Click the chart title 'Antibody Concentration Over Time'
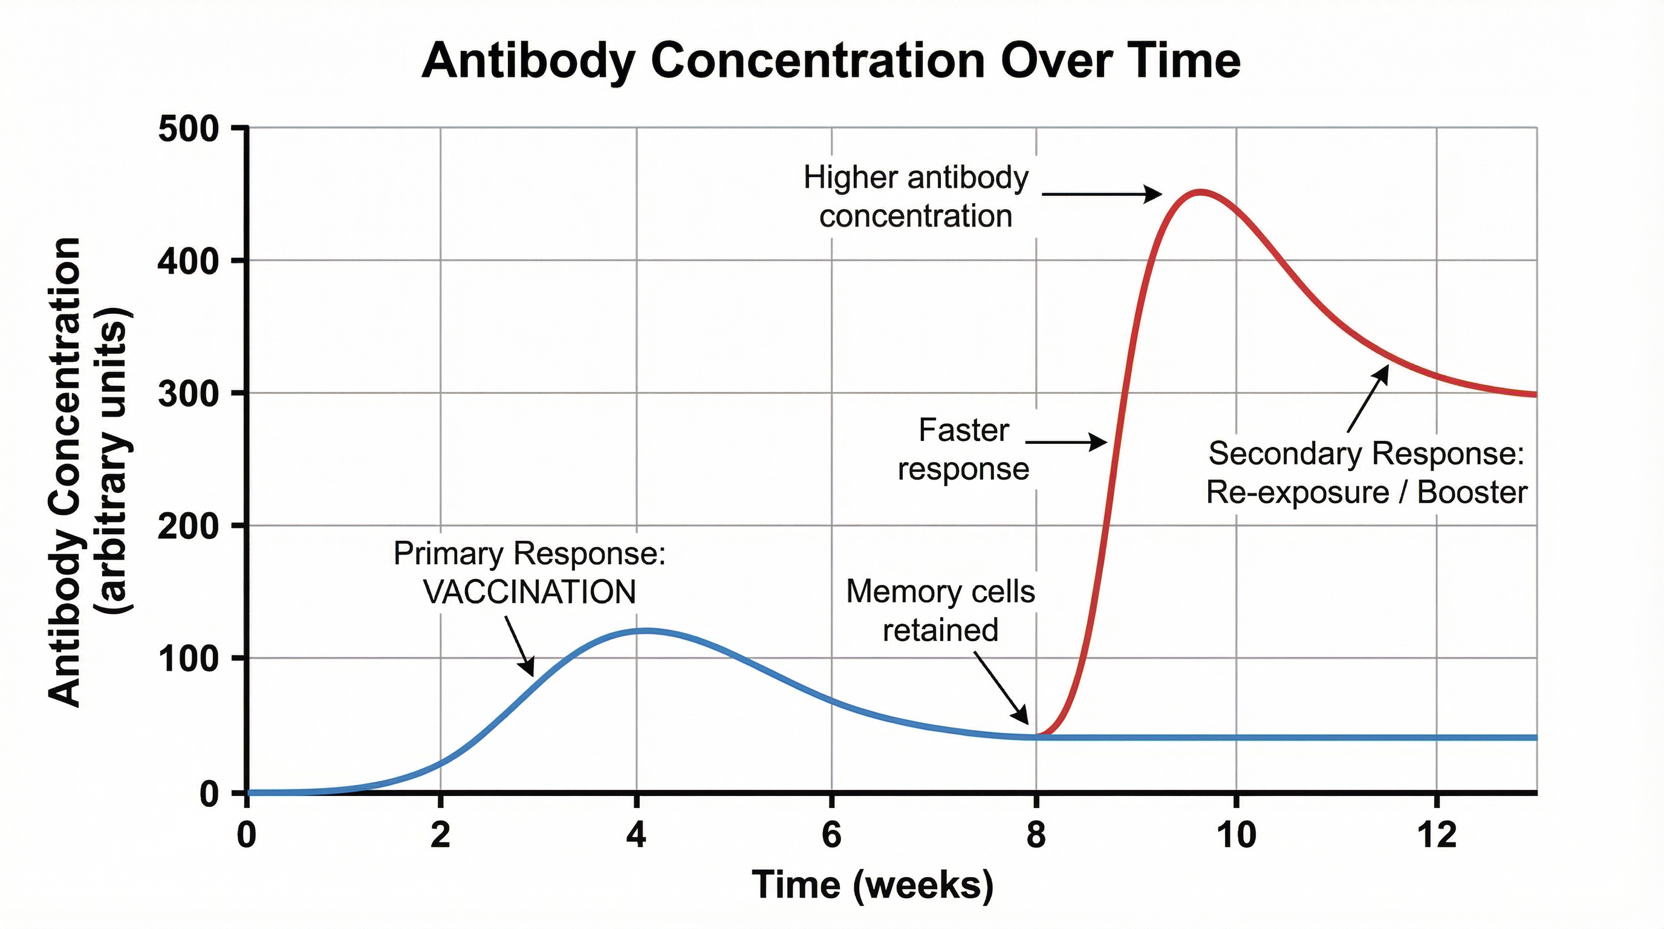point(831,60)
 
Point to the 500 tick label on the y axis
point(188,129)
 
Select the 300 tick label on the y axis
point(188,394)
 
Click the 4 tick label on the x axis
point(636,835)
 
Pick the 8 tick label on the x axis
point(1036,835)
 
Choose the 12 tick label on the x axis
point(1437,835)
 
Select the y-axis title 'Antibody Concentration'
point(65,472)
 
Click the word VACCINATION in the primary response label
point(530,592)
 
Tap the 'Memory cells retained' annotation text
point(940,610)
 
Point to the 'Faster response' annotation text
point(963,449)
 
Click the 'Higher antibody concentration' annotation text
point(916,197)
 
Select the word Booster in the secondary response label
point(1472,492)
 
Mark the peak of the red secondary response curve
point(1200,192)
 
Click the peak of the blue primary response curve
point(646,631)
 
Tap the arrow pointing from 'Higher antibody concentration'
point(1101,194)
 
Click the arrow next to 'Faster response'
point(1066,443)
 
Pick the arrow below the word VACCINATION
point(519,645)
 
